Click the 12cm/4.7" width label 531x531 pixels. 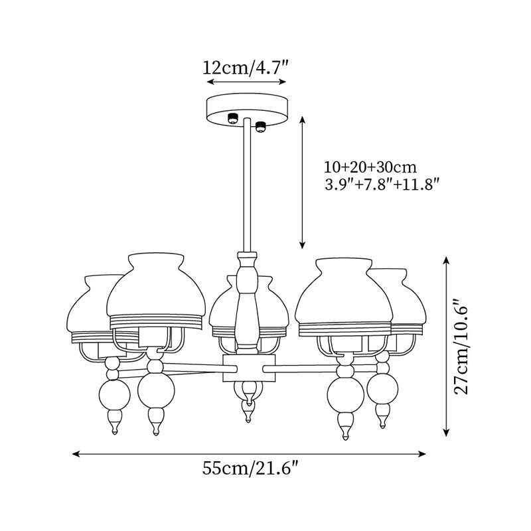tap(246, 67)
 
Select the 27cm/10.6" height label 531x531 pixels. tap(467, 346)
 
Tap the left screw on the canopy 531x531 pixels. tap(233, 119)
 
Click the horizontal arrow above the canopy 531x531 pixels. tap(246, 82)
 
